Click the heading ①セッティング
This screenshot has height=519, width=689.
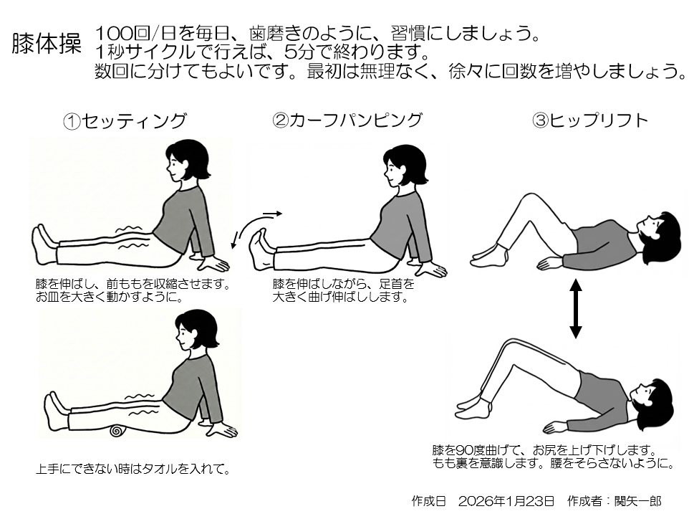[125, 121]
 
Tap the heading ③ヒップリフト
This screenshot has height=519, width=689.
[590, 120]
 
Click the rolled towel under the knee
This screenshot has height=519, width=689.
[117, 430]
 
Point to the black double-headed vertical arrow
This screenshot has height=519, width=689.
[576, 308]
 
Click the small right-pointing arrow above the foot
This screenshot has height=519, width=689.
[272, 214]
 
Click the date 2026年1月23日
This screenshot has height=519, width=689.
[506, 501]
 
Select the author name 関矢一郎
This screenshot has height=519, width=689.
[637, 501]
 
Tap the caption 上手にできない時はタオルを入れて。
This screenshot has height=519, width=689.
[133, 470]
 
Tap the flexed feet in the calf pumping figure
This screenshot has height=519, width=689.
[261, 249]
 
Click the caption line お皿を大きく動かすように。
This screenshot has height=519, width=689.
[110, 297]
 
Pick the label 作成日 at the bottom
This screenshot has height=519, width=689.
[429, 501]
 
